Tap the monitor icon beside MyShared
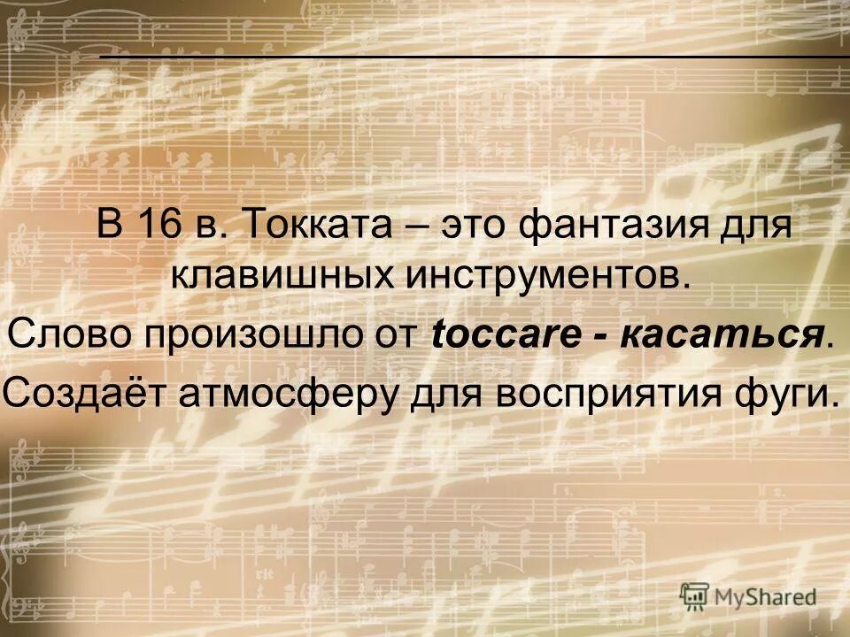(x=695, y=595)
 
